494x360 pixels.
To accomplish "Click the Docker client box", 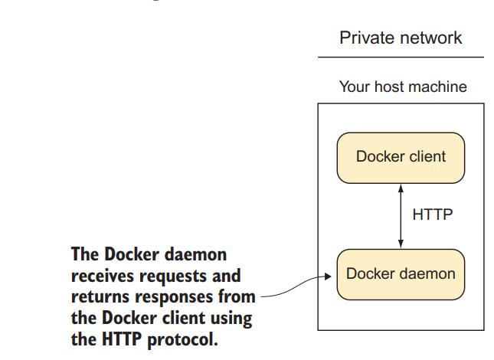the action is (x=401, y=158).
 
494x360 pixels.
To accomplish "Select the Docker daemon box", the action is (x=401, y=274).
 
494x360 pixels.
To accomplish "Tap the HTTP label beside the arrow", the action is (x=433, y=214).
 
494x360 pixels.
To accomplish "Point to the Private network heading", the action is (x=401, y=38).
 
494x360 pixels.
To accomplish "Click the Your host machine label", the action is (x=403, y=87).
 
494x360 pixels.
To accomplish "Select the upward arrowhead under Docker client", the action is (x=401, y=188).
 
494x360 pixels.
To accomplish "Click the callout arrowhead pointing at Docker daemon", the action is (x=328, y=277).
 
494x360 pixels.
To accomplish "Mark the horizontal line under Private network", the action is (x=401, y=57).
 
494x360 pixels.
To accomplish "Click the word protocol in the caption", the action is (x=182, y=339).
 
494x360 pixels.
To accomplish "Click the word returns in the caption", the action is (x=100, y=297).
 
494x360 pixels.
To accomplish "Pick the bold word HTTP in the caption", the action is (x=122, y=339).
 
